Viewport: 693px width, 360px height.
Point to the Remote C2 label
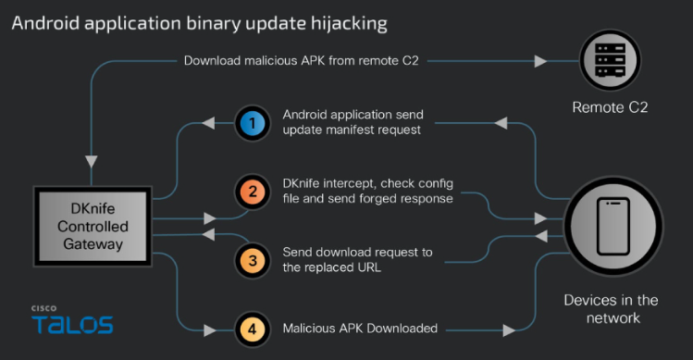[x=609, y=107]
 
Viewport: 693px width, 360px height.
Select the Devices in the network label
[x=611, y=309]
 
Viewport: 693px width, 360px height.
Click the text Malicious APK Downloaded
[x=361, y=327]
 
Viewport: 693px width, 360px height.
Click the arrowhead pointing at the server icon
[x=540, y=61]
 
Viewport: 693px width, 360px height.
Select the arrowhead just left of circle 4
[x=215, y=327]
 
